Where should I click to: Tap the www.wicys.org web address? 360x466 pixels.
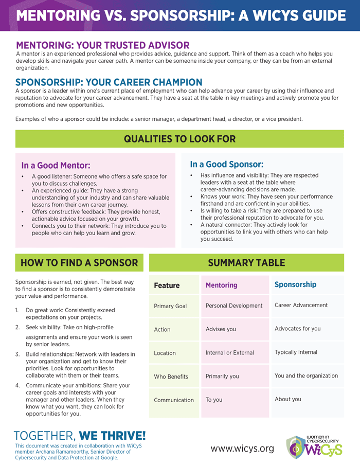click(242, 449)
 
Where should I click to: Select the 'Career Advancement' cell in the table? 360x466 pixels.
click(301, 305)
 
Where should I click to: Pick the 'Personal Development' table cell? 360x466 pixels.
click(234, 306)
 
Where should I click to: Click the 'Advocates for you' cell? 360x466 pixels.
click(297, 329)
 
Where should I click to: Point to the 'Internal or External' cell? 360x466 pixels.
click(230, 353)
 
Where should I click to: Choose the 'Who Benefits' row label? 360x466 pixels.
click(171, 377)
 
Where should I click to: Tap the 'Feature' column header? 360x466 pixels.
click(167, 285)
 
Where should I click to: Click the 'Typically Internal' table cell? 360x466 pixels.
click(296, 352)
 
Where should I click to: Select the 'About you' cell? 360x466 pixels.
click(288, 399)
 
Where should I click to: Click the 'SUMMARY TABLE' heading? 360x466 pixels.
click(246, 263)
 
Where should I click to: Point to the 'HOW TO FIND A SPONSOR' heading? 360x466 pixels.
click(79, 263)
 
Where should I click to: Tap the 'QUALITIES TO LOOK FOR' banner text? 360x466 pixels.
click(179, 139)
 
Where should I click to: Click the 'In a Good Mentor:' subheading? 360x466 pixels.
click(56, 166)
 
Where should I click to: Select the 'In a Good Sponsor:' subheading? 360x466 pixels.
click(227, 165)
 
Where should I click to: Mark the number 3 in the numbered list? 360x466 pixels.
click(17, 354)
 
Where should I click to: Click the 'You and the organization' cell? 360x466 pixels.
click(306, 375)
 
